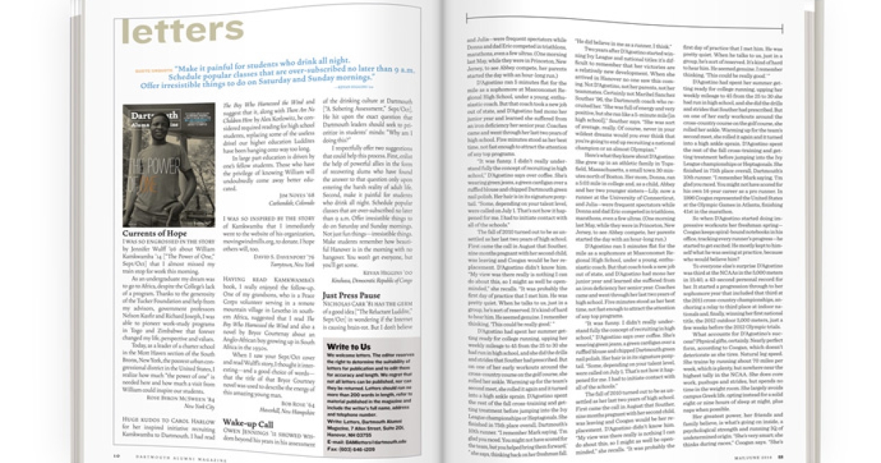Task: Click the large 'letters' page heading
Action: point(182,31)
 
